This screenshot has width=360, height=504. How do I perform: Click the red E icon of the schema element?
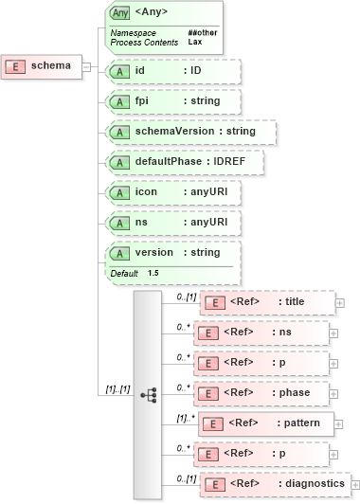pyautogui.click(x=16, y=66)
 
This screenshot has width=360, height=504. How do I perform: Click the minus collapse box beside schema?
pyautogui.click(x=86, y=66)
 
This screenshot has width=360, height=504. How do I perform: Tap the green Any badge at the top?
pyautogui.click(x=119, y=13)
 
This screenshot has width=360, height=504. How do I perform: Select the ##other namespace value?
pyautogui.click(x=200, y=33)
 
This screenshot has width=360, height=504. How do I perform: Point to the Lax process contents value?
pyautogui.click(x=194, y=43)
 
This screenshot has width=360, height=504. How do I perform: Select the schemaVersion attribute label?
pyautogui.click(x=179, y=132)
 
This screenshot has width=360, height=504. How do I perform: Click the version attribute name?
pyautogui.click(x=154, y=253)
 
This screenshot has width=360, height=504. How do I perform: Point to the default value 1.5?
pyautogui.click(x=153, y=273)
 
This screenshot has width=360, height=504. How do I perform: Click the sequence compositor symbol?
pyautogui.click(x=148, y=393)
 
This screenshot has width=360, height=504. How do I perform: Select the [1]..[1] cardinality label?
pyautogui.click(x=113, y=388)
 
